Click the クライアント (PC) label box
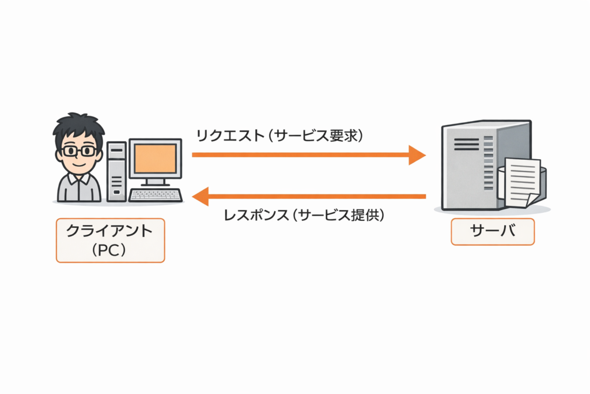110,240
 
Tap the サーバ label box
492,231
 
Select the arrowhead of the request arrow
417,155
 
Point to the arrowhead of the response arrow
200,197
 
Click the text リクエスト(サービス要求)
279,136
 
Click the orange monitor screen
155,159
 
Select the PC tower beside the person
116,171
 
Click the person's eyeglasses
79,151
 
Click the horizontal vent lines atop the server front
467,144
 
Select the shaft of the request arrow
300,155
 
